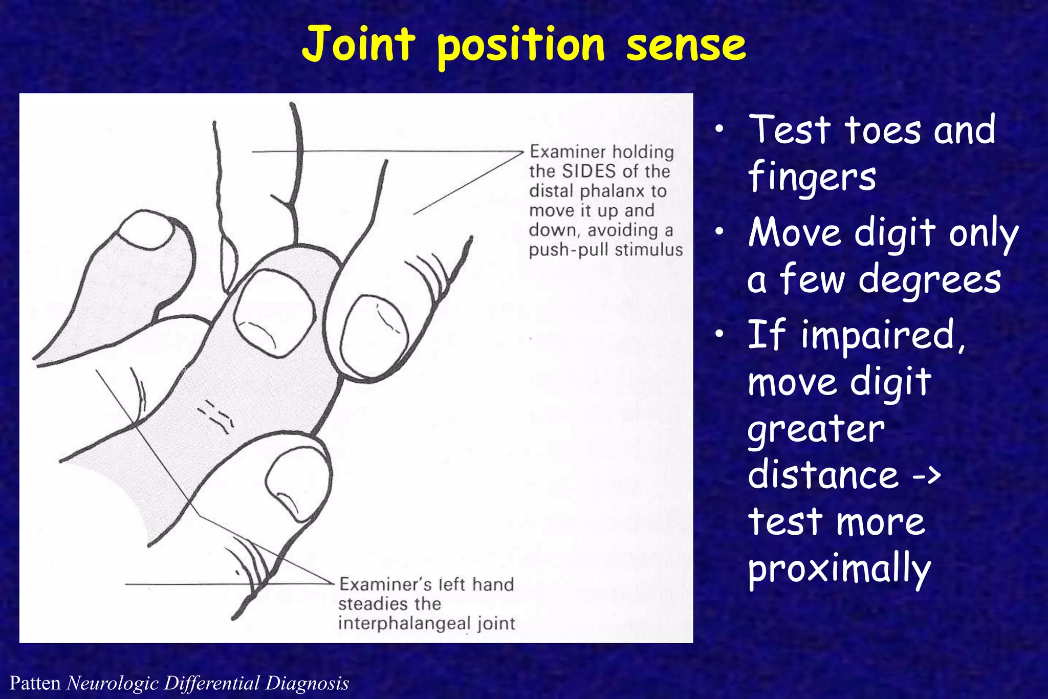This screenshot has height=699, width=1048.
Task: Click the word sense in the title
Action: pos(686,45)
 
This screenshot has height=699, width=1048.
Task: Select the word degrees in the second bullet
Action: pos(929,280)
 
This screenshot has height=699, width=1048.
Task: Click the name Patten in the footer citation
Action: pos(35,683)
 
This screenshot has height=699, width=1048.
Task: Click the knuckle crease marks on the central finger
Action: pos(216,414)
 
